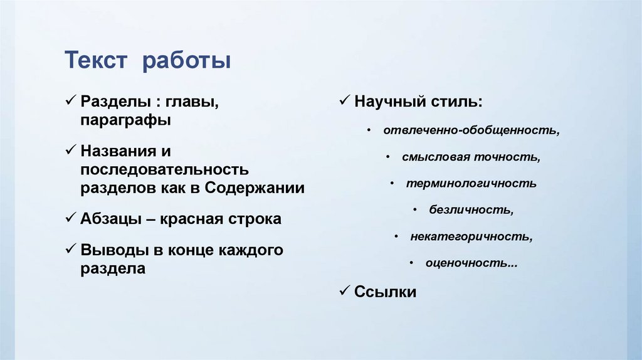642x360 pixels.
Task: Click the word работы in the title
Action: point(186,62)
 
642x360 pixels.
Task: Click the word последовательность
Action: point(164,169)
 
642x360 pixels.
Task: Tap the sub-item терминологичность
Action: point(471,184)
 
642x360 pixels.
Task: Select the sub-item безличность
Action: point(471,210)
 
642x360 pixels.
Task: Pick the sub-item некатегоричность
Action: point(471,237)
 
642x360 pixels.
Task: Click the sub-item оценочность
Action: point(471,263)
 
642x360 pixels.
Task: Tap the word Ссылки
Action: point(385,292)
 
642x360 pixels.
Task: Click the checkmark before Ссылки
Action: point(344,290)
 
